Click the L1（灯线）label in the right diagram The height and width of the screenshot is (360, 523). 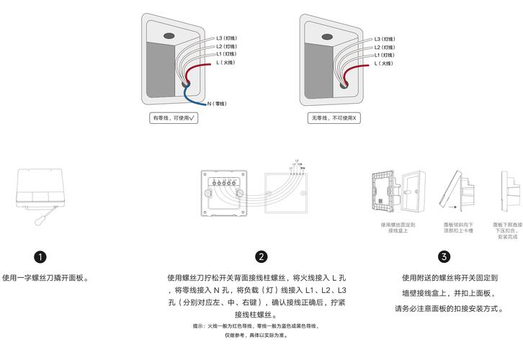[385, 54]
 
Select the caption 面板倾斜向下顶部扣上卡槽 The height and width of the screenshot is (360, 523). [458, 228]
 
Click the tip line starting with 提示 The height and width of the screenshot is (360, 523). [261, 327]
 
